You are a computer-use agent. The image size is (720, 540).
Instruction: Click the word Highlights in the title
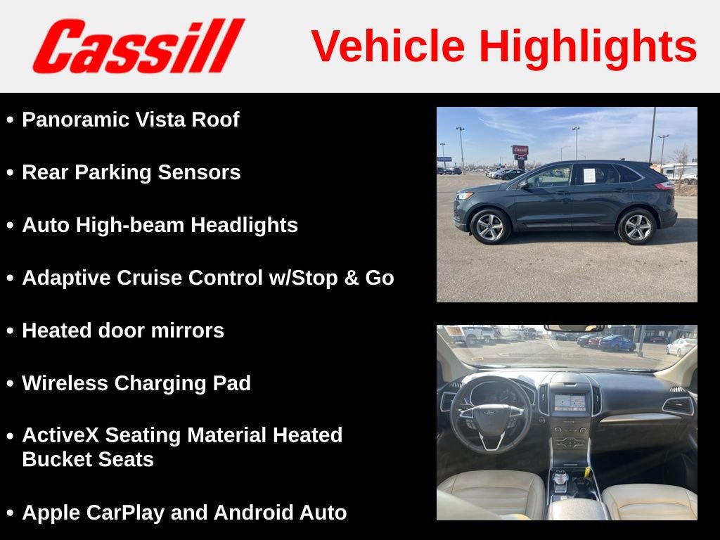click(x=587, y=46)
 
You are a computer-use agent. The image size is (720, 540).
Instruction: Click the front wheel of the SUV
click(x=489, y=227)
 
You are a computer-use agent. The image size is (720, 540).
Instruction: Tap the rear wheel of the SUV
click(x=637, y=226)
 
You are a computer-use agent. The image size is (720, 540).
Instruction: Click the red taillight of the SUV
click(x=664, y=186)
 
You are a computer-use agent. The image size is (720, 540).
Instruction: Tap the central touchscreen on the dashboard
click(x=570, y=402)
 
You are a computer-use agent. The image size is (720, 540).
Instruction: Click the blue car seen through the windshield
click(x=617, y=343)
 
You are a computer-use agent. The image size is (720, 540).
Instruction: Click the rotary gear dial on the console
click(x=560, y=477)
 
